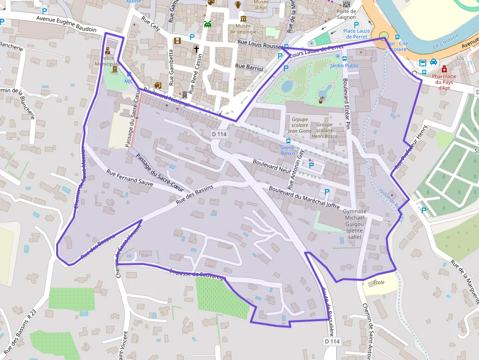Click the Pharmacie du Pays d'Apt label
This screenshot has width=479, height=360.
tap(444, 82)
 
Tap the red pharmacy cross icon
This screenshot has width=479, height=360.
tap(444, 69)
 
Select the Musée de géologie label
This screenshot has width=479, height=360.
tap(243, 29)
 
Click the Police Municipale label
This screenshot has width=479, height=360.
tap(107, 61)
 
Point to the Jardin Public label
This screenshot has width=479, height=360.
tap(345, 65)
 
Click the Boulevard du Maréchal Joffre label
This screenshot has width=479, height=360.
tap(304, 198)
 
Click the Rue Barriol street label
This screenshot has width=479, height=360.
tap(249, 67)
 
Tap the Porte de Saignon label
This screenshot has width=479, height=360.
tap(346, 14)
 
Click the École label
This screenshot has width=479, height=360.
tap(379, 282)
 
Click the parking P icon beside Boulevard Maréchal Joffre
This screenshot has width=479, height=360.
tap(327, 192)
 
